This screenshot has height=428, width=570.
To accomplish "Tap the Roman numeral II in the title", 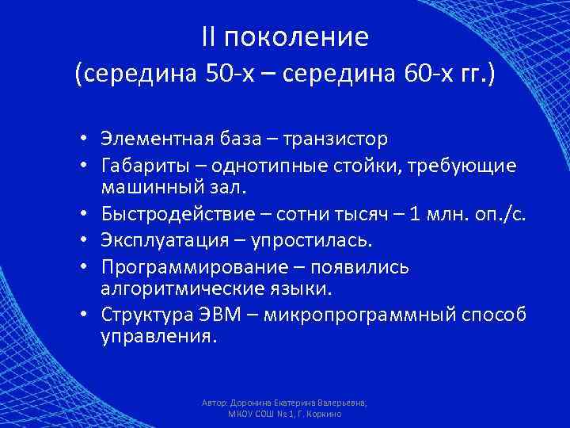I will pos(211,36).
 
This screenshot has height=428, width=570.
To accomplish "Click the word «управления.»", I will pos(158,336).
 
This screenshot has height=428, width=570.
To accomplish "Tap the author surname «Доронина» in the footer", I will pos(251,403).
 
